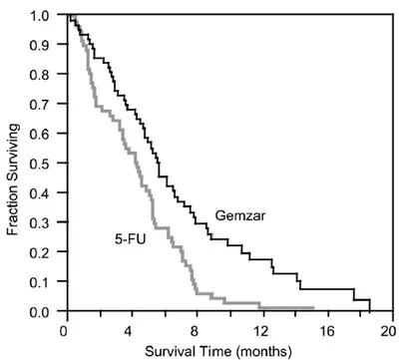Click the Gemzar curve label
click(238, 214)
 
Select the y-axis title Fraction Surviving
click(13, 165)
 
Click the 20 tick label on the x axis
click(392, 327)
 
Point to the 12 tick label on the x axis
click(261, 327)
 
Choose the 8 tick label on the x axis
click(196, 327)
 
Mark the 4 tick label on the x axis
click(130, 327)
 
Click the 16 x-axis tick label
click(327, 327)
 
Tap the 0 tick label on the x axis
click(64, 327)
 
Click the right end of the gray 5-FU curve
click(313, 308)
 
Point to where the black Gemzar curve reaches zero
click(370, 311)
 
